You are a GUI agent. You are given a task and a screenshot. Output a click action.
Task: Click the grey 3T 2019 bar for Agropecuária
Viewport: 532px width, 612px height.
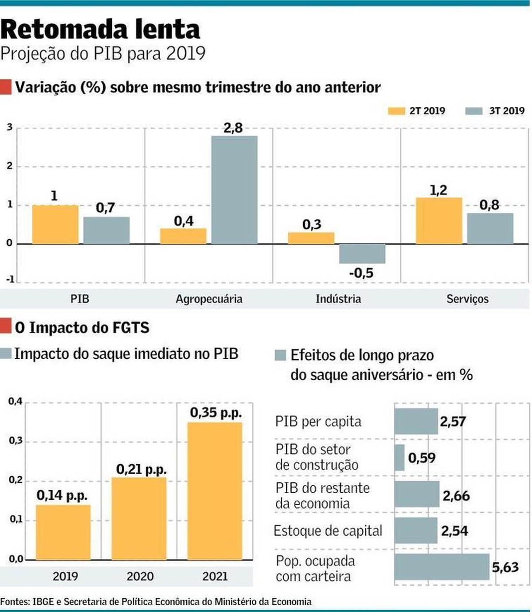[x=234, y=190]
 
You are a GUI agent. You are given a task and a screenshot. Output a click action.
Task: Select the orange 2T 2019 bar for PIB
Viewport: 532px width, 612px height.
[x=55, y=224]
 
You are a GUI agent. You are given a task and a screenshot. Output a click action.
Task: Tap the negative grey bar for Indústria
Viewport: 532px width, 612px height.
[x=362, y=254]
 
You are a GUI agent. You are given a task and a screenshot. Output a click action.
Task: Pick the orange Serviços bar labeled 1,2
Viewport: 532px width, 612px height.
[x=438, y=221]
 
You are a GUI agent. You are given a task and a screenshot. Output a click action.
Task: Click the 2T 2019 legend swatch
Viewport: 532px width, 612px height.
[x=396, y=111]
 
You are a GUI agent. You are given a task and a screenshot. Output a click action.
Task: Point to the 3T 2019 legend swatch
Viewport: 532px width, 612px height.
[x=474, y=111]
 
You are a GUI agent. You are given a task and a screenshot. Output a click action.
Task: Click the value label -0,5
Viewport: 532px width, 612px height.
[x=361, y=273]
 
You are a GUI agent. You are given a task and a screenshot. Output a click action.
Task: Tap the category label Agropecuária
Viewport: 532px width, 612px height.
[x=209, y=299]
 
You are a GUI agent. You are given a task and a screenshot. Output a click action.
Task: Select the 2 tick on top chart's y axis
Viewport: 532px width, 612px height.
[x=10, y=166]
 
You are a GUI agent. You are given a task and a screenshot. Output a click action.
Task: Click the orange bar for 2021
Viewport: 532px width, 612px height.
[x=215, y=490]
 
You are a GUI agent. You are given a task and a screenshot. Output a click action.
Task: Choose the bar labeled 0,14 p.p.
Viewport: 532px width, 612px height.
[x=63, y=532]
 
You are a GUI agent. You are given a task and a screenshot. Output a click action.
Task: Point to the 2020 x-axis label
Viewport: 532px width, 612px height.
[x=140, y=577]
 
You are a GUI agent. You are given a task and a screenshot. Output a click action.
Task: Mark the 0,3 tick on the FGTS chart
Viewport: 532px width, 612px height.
[x=15, y=441]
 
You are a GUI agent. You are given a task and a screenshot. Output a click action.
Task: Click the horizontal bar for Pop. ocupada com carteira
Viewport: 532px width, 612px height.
[x=442, y=567]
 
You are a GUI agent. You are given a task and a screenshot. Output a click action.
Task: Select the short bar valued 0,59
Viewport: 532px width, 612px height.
[x=399, y=458]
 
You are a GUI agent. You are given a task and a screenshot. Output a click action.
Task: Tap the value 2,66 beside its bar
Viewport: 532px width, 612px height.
[x=456, y=496]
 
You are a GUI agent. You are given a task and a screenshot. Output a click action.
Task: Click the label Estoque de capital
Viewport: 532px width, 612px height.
[x=328, y=531]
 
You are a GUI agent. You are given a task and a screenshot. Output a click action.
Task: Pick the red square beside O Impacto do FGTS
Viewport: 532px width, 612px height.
[x=6, y=326]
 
